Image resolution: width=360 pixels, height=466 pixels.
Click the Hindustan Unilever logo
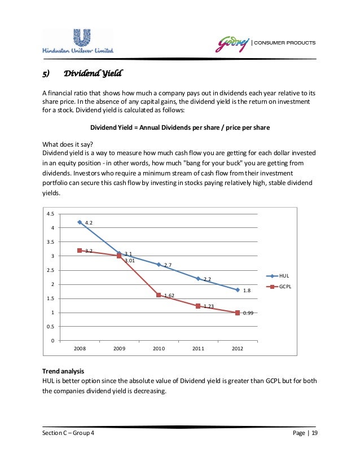(77, 41)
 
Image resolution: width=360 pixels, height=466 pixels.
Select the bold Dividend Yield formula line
(179, 128)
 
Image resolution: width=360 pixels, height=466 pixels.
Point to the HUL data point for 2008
(80, 222)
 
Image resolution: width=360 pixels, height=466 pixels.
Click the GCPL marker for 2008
(80, 250)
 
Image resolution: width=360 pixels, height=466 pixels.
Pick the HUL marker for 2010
(159, 265)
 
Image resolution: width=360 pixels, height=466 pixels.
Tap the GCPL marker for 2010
(159, 295)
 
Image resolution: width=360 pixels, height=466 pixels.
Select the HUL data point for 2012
(238, 290)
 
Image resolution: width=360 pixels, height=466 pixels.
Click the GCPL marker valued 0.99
(238, 313)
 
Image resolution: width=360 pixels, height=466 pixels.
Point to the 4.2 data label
(89, 223)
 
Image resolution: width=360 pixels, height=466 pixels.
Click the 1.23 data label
(208, 306)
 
